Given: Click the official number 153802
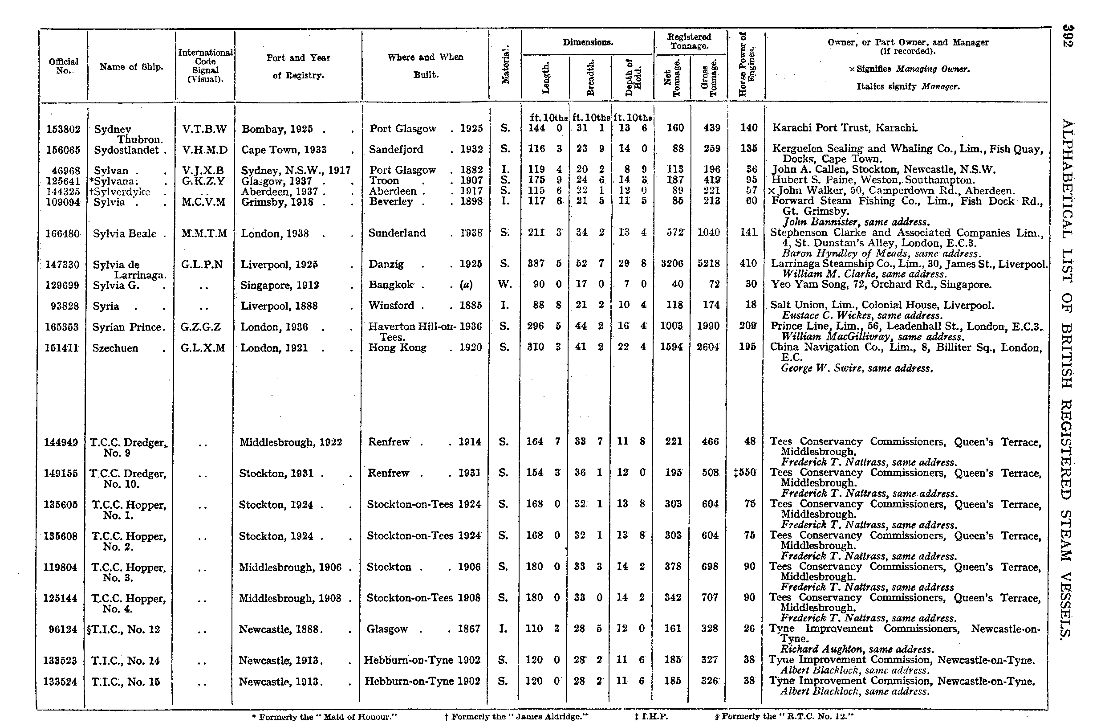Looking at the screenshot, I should (x=64, y=129).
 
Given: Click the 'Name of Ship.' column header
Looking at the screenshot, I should (x=131, y=67).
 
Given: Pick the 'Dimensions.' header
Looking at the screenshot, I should (x=587, y=43).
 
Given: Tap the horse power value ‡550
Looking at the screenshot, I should (x=745, y=473).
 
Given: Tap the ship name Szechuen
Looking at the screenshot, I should (x=115, y=348).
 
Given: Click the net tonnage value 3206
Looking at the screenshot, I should (x=672, y=264).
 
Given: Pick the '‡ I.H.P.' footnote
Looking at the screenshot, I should (x=651, y=717).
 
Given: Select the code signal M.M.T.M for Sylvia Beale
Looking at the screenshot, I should (x=204, y=233).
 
